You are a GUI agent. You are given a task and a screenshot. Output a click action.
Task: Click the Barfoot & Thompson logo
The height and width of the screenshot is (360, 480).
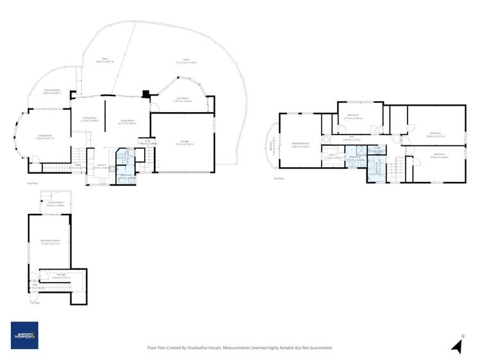[24, 335]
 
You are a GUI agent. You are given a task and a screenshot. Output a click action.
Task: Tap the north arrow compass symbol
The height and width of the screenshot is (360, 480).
[457, 345]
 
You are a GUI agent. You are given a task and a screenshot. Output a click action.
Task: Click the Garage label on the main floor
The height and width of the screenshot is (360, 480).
[184, 142]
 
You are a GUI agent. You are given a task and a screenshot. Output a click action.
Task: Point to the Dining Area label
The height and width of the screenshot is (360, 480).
[89, 118]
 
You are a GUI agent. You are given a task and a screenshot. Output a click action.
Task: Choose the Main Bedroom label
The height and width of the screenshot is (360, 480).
[301, 144]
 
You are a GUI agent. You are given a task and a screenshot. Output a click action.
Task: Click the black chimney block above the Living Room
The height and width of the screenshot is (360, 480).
[147, 94]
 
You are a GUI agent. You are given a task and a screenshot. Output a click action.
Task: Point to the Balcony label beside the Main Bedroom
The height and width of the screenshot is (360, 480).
[272, 147]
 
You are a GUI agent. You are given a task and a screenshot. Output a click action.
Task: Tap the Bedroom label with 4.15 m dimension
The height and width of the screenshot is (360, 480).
[354, 117]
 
